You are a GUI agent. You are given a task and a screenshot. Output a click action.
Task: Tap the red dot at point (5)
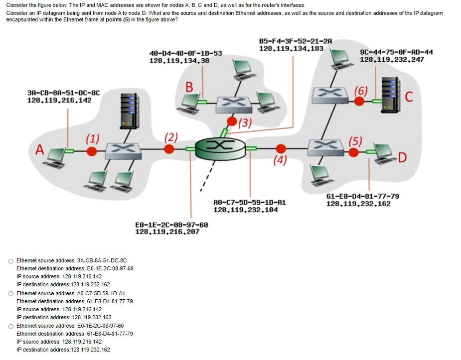353,153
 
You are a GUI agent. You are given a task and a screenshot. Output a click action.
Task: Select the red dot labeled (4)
281,148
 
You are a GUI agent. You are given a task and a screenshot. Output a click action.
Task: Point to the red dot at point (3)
232,121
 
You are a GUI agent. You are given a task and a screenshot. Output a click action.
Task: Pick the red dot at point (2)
169,149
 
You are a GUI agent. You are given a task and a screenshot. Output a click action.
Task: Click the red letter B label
189,86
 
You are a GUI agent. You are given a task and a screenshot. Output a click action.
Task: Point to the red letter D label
403,158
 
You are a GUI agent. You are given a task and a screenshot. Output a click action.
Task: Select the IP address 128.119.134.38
179,61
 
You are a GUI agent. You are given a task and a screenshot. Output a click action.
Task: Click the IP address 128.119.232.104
245,210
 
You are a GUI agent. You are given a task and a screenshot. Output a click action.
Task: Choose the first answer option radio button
11,260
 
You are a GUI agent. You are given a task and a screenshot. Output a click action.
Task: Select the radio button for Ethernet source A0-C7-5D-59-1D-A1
11,293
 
